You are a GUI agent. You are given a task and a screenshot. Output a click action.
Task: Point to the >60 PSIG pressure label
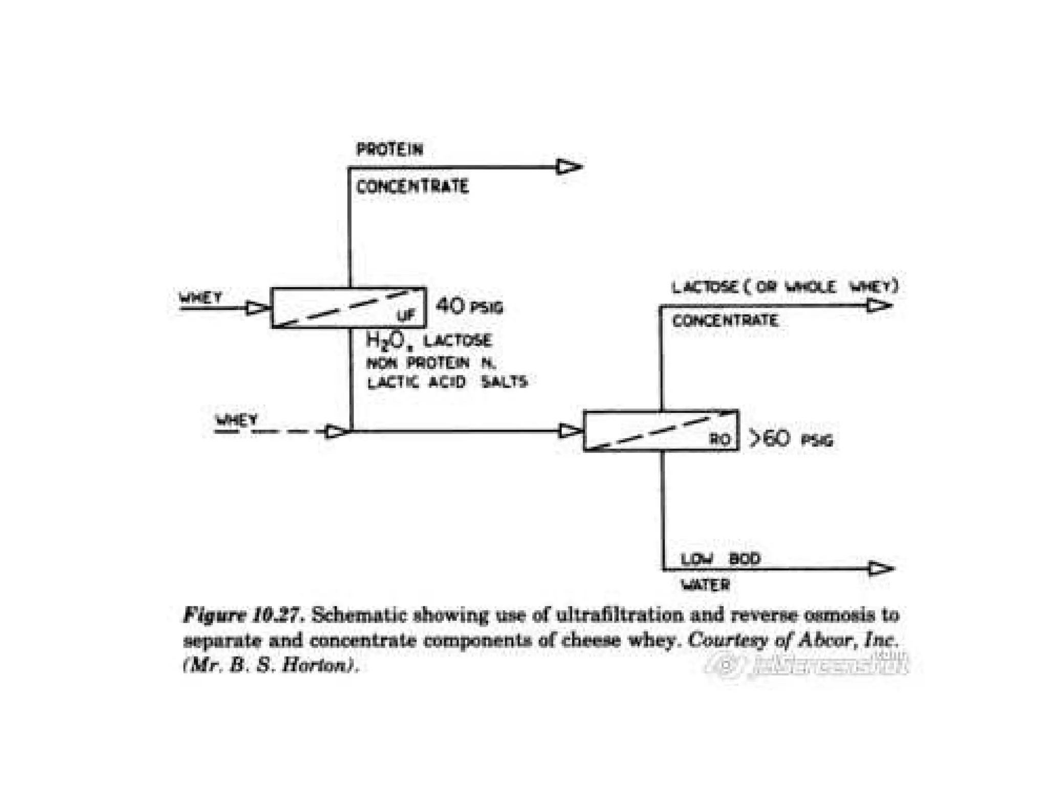coord(791,439)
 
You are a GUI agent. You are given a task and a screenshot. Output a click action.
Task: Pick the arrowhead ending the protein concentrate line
coord(569,167)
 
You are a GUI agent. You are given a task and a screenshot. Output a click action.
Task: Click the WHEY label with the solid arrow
coord(201,298)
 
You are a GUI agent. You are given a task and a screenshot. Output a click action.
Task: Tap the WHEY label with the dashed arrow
coord(236,420)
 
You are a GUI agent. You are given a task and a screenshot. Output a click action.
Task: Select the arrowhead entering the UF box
coord(257,308)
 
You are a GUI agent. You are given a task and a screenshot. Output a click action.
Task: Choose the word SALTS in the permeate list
coord(504,382)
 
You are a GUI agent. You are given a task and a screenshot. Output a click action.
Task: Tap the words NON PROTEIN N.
coord(431,363)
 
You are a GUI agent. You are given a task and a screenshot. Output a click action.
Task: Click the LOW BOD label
coord(720,559)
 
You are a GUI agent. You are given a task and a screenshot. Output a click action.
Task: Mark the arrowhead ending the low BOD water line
coord(881,568)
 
